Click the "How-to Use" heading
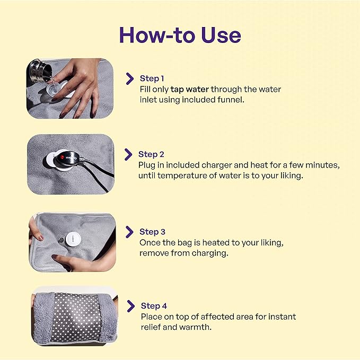180,34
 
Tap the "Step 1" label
152,78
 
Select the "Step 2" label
151,154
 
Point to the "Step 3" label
152,232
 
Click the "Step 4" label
154,306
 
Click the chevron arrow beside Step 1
129,79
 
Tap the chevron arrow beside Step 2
128,154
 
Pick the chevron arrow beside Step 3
129,232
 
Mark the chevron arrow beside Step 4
130,306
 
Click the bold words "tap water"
190,89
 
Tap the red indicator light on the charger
62,157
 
